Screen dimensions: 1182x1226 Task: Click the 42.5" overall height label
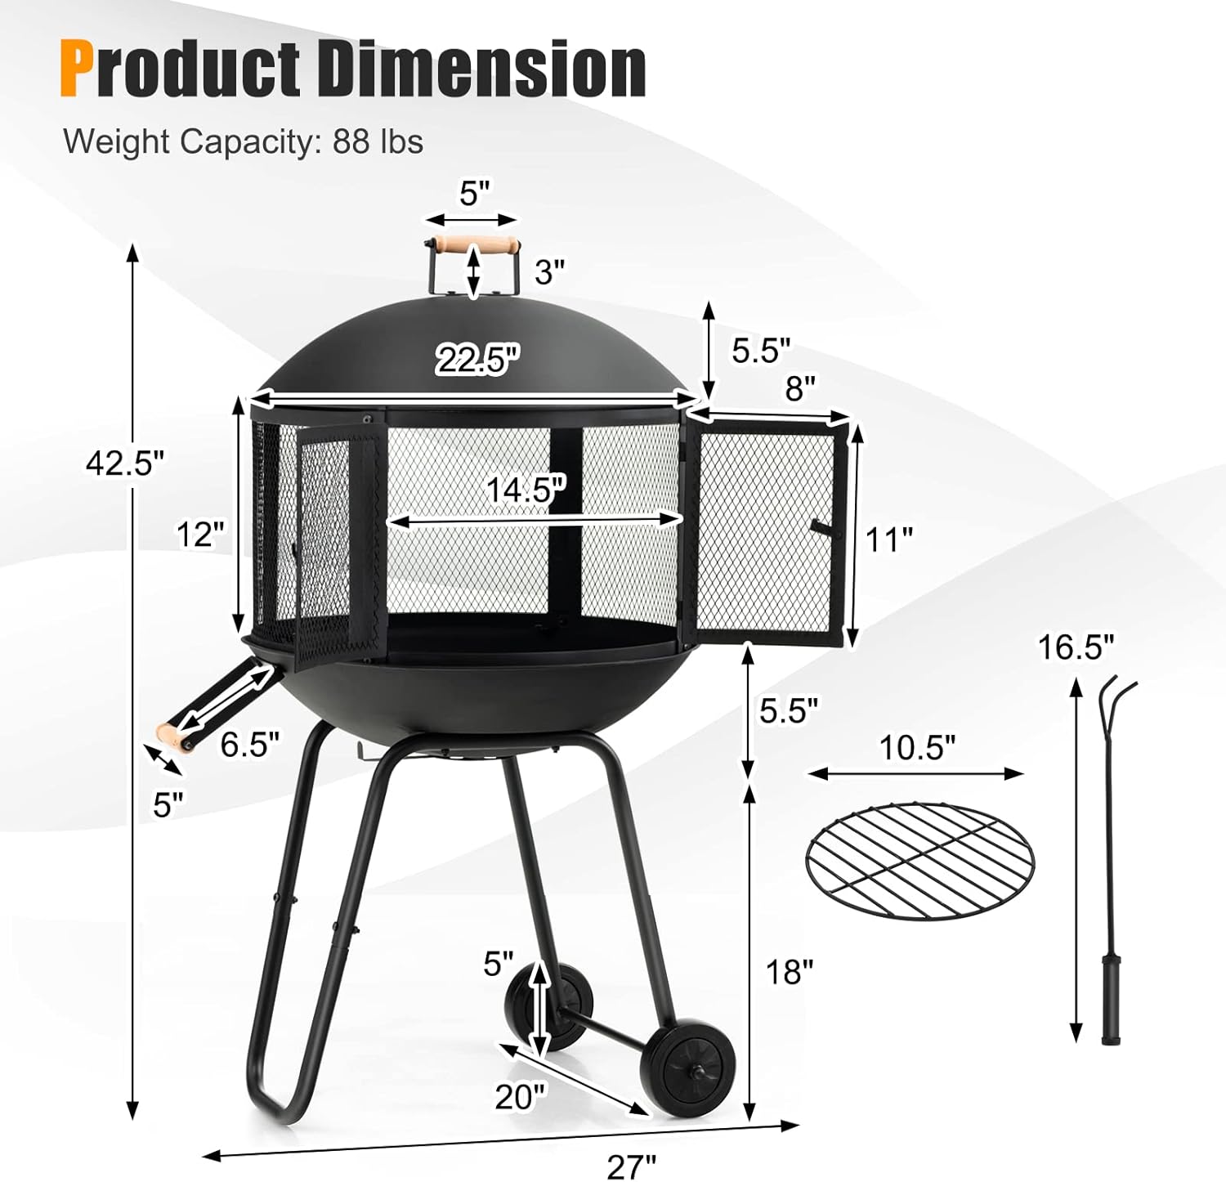(125, 463)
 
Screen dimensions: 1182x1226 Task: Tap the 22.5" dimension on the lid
(477, 359)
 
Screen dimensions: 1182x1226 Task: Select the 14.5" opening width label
(526, 490)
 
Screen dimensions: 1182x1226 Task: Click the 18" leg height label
(789, 972)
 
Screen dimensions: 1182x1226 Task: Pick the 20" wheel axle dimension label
(519, 1097)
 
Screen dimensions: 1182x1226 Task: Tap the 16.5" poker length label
(1076, 647)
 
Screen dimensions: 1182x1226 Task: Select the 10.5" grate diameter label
(917, 747)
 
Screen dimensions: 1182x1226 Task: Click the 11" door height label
(889, 540)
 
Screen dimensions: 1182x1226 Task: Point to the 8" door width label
(800, 390)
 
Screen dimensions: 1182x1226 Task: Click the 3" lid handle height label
(549, 271)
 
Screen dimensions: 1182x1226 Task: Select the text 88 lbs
(378, 141)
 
